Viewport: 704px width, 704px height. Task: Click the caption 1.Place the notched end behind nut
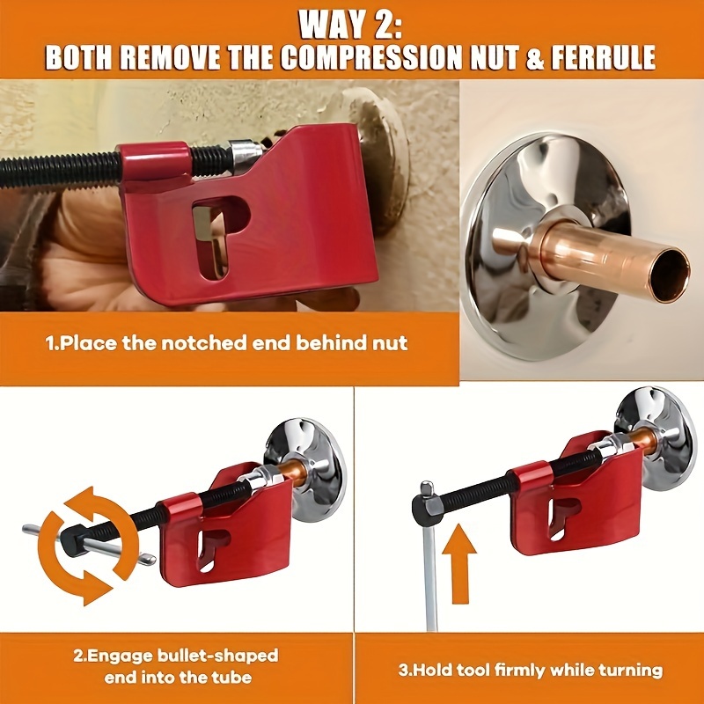pos(227,342)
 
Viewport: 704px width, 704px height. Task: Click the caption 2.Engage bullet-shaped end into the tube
pos(176,667)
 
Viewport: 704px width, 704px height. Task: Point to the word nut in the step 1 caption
pos(387,342)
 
